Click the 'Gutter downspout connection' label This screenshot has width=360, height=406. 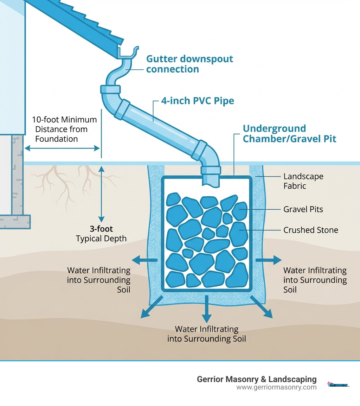pos(189,64)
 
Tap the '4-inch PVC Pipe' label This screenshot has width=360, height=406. pos(197,101)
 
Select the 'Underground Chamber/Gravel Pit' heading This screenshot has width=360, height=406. pos(289,134)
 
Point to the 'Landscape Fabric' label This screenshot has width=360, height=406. pos(303,181)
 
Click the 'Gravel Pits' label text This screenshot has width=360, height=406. pos(303,209)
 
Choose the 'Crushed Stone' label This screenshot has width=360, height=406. pos(310,230)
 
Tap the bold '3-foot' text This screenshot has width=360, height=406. pos(101,229)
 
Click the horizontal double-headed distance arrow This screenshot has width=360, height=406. pos(62,149)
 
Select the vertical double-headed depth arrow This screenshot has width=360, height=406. pos(101,194)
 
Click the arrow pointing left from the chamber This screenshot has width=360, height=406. pos(144,260)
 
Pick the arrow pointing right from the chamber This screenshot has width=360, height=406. pos(269,260)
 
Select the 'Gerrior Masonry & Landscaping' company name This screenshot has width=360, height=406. pos(257,379)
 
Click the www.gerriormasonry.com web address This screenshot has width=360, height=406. pos(276,387)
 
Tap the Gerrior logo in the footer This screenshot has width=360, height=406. pos(338,385)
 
